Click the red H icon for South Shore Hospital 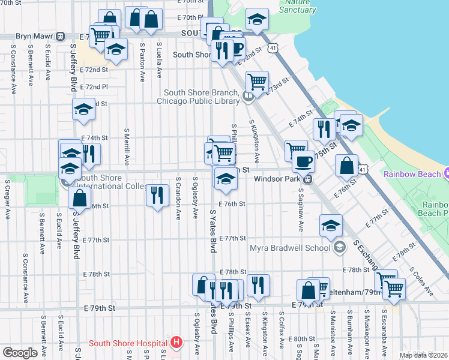tap(176, 343)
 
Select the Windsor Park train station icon tap(307, 179)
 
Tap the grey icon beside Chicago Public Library tap(247, 96)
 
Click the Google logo tap(20, 352)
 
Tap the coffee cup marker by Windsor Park tap(303, 161)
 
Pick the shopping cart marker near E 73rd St tap(257, 81)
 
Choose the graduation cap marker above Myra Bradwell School tap(331, 225)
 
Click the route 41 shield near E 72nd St tap(273, 46)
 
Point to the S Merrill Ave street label tap(127, 147)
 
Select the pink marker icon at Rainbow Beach tap(446, 174)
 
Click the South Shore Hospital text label tap(128, 343)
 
